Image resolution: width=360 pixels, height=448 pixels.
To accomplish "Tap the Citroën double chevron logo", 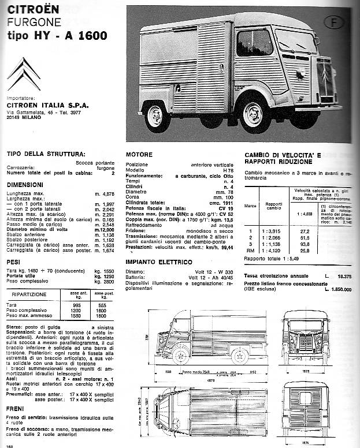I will [x=24, y=73].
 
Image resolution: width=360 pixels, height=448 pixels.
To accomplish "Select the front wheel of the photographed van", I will [x=253, y=116].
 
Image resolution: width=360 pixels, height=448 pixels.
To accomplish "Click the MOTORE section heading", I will [x=139, y=155].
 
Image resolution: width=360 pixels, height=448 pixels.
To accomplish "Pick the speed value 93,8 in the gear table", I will [x=304, y=243].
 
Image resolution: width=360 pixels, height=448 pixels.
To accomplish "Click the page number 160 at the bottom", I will [x=8, y=444].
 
